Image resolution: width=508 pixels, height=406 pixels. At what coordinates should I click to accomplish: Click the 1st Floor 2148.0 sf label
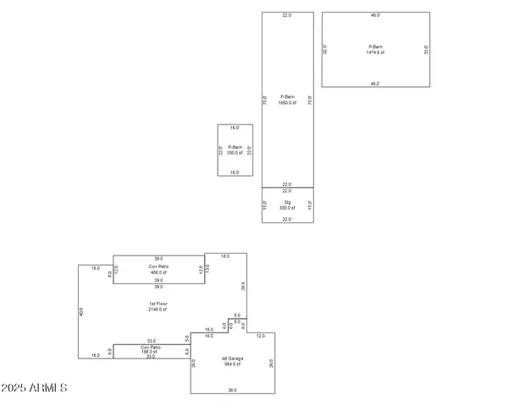[x=159, y=307]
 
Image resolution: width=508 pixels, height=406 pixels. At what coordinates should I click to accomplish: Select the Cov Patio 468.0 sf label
[x=159, y=270]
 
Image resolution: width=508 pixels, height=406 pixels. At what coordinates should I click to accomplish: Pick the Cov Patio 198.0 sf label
[x=152, y=350]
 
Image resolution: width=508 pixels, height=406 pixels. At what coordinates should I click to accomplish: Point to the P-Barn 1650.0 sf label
[x=287, y=100]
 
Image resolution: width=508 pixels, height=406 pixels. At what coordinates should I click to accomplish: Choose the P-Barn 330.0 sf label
[x=235, y=151]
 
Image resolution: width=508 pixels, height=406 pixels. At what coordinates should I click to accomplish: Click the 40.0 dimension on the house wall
[x=82, y=310]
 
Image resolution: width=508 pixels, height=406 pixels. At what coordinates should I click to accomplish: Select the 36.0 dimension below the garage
[x=233, y=391]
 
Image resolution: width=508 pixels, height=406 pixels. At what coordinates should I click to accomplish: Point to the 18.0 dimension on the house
[x=225, y=255]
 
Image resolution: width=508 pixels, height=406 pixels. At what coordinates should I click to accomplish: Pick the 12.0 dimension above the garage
[x=261, y=336]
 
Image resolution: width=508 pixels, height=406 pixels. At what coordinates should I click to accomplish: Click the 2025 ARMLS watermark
[x=34, y=387]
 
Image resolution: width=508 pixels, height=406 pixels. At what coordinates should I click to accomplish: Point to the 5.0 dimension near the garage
[x=187, y=338]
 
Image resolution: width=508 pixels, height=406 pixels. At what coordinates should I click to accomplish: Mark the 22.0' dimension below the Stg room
[x=287, y=220]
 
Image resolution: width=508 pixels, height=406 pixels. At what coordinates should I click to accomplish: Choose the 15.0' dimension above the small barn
[x=235, y=128]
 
